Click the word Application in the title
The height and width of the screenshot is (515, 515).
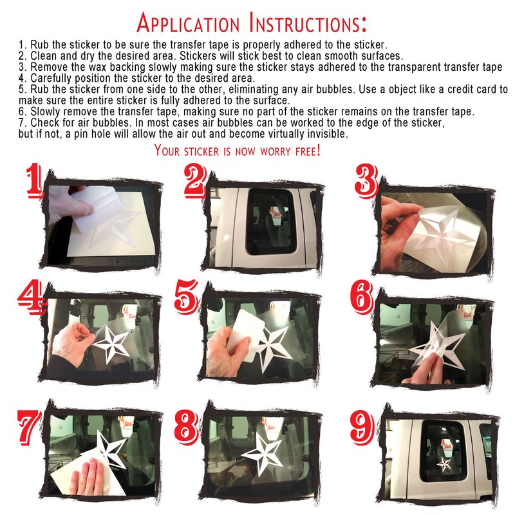[x=188, y=23]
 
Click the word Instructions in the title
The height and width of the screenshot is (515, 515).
[x=308, y=23]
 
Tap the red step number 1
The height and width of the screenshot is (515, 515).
[x=35, y=182]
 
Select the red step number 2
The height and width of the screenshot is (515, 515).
[x=196, y=182]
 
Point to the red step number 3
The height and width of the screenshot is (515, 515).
[x=366, y=182]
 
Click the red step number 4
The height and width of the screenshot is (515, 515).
[x=30, y=297]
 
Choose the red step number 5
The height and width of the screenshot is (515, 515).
[x=186, y=297]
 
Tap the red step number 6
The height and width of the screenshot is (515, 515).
[x=362, y=297]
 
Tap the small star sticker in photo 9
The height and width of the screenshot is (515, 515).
[x=444, y=464]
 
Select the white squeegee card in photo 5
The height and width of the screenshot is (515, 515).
[x=247, y=335]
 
